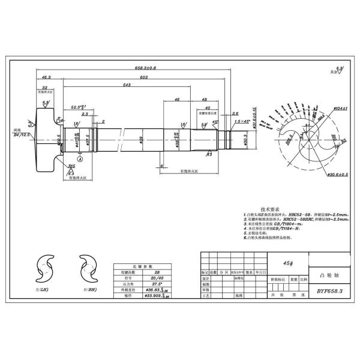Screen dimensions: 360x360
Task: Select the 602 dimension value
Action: click(127, 77)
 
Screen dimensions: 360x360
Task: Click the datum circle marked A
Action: click(79, 160)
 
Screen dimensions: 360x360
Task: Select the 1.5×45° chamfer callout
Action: click(243, 121)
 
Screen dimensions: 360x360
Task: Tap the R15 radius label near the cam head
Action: click(72, 166)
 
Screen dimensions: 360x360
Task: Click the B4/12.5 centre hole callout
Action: click(23, 136)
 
